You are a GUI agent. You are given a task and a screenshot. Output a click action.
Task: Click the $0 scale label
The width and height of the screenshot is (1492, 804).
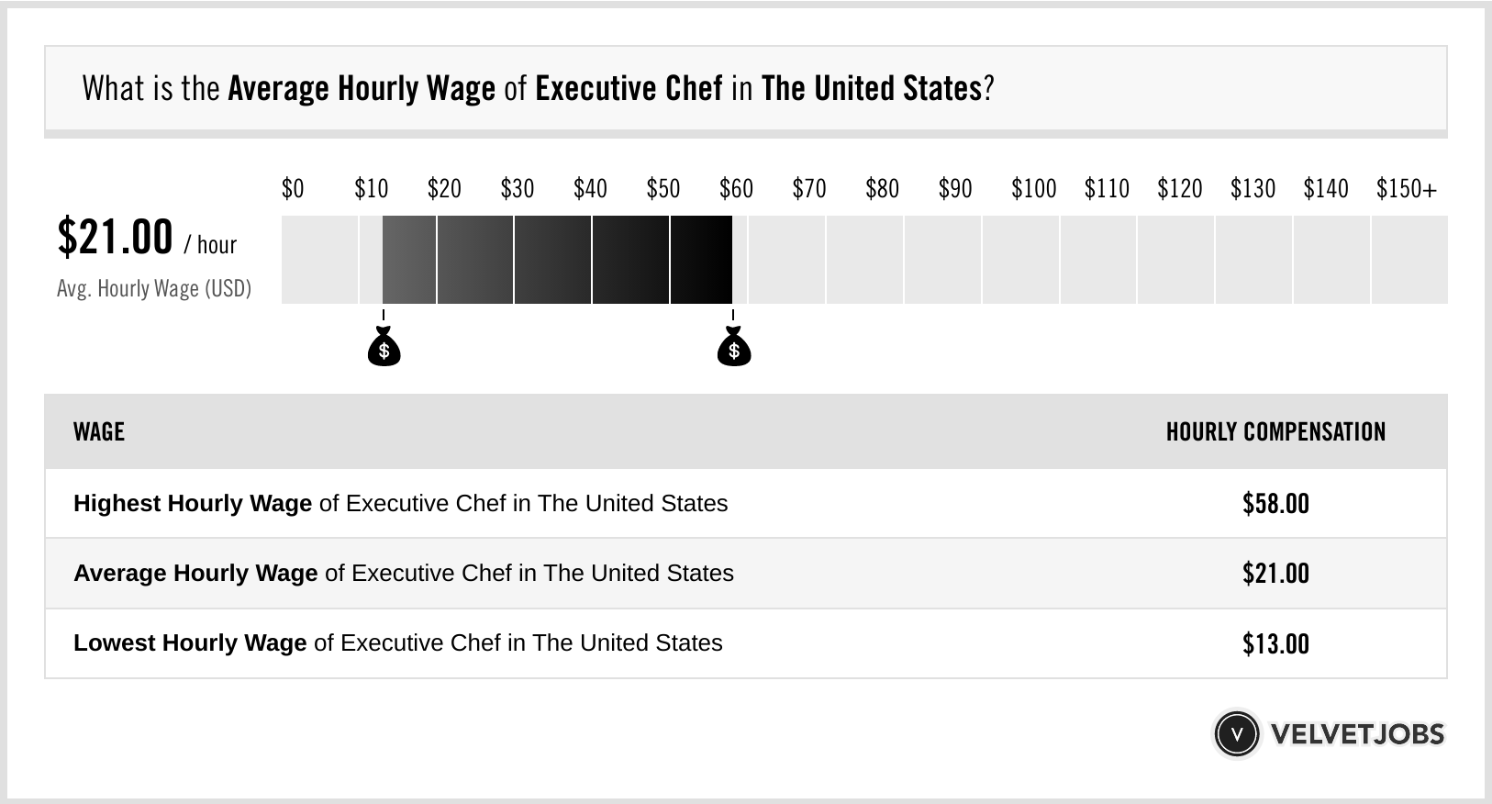click(x=292, y=189)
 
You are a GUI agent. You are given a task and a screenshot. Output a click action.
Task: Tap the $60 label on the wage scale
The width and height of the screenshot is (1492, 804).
click(x=736, y=189)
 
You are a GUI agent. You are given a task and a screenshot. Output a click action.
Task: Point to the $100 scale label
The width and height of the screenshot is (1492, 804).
click(x=1033, y=189)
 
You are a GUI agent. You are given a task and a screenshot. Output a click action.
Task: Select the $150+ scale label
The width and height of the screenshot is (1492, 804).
click(x=1406, y=189)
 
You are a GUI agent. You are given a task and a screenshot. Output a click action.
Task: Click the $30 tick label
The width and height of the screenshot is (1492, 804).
click(x=517, y=189)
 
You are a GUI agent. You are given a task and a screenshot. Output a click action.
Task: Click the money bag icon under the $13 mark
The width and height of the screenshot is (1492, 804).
click(x=384, y=348)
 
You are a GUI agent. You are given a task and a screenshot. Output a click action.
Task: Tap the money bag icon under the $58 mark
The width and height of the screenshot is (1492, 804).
click(x=733, y=348)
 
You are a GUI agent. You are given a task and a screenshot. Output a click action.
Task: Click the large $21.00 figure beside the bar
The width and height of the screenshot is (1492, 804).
click(x=115, y=237)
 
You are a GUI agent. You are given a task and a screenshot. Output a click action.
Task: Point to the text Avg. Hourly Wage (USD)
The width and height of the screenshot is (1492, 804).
click(x=154, y=288)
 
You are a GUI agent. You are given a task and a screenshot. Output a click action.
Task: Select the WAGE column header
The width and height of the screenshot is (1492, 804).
click(x=99, y=431)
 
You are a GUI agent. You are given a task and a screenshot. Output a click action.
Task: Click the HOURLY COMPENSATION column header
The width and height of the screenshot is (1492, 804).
click(x=1275, y=431)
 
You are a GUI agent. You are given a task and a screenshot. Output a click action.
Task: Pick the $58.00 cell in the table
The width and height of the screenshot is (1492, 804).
click(x=1275, y=503)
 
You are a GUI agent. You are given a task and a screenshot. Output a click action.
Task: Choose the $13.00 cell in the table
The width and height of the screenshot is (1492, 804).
click(x=1275, y=643)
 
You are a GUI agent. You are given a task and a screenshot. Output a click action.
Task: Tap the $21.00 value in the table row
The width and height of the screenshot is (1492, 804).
click(x=1275, y=574)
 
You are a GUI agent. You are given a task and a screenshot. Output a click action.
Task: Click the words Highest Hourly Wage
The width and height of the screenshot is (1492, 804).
click(x=193, y=503)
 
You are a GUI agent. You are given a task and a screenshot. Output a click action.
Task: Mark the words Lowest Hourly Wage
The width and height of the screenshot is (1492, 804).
click(x=190, y=642)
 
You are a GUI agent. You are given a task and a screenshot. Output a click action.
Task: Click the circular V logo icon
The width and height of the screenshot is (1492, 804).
click(x=1236, y=733)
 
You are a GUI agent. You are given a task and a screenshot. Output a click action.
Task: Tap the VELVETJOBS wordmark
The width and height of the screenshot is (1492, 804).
click(x=1357, y=733)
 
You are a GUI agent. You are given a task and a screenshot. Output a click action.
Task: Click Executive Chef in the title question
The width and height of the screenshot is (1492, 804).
click(x=629, y=88)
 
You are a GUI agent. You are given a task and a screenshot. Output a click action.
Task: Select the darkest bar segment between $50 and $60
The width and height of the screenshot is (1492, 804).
click(x=701, y=260)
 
